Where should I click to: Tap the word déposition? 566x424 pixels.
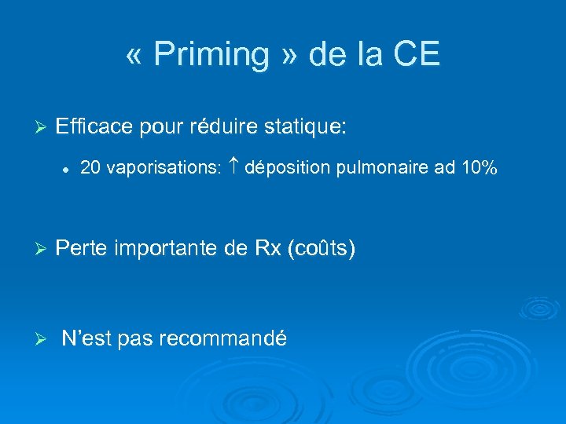[287, 168]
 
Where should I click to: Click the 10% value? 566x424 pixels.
[478, 168]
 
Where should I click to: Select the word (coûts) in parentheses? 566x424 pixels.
[322, 249]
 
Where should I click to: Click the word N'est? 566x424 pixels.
[89, 339]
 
